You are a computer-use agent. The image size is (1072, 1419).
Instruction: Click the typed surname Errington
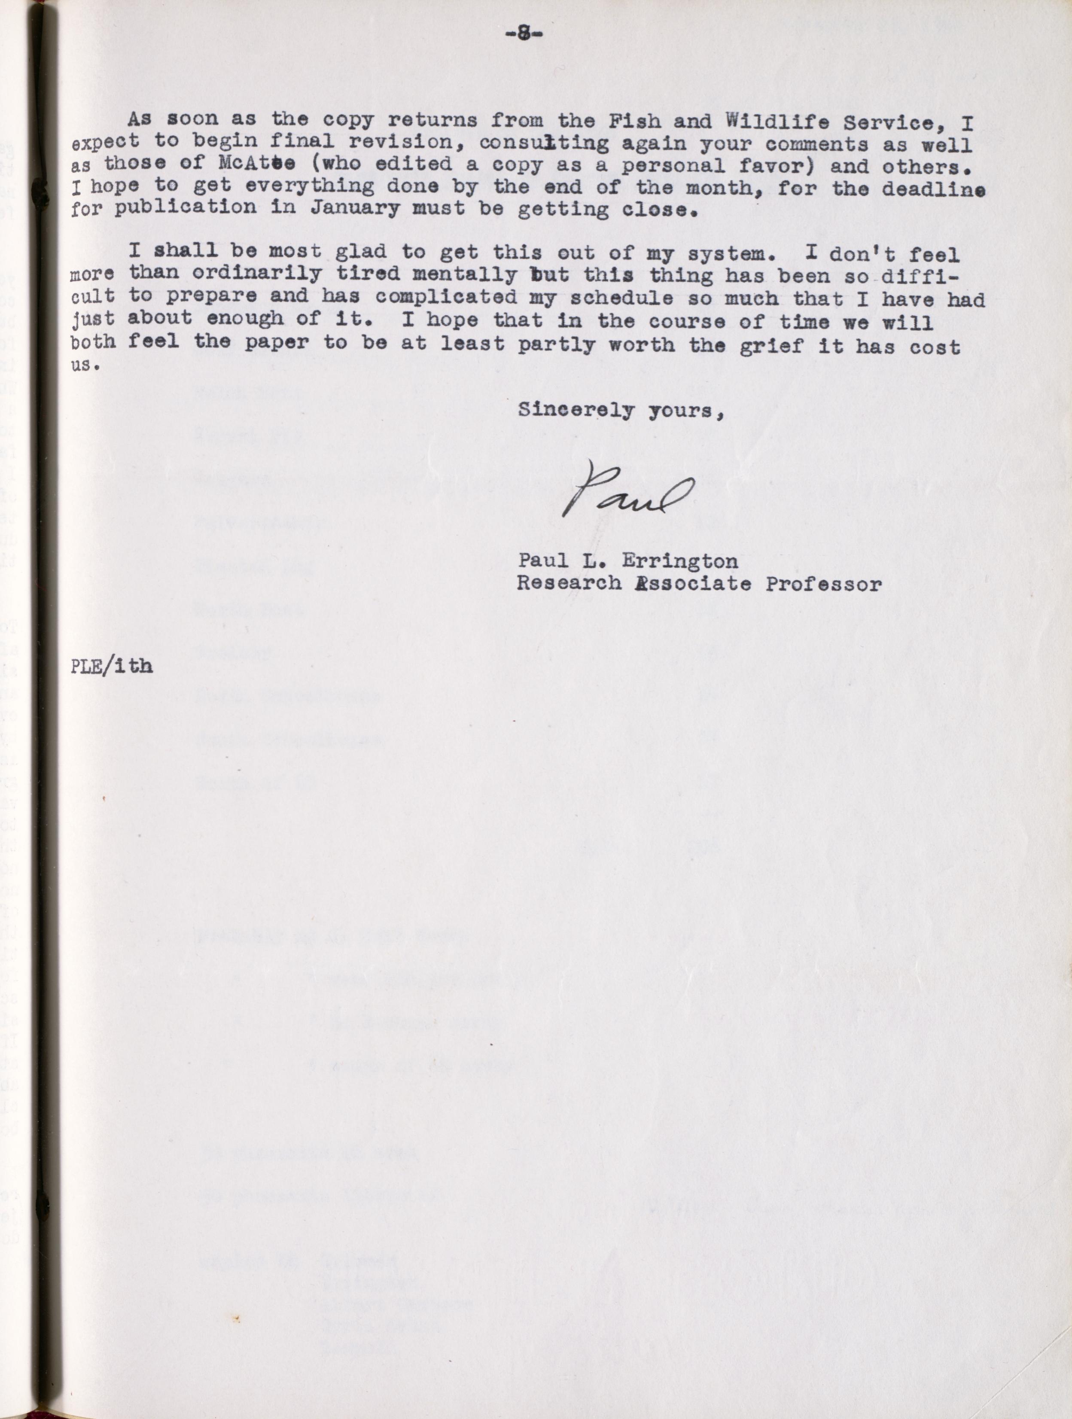pos(679,561)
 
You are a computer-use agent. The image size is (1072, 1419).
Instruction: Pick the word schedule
pos(621,298)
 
